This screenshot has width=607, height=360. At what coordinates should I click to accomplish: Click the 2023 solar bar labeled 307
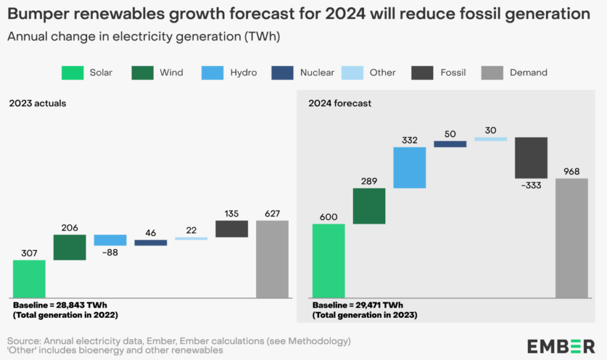point(29,279)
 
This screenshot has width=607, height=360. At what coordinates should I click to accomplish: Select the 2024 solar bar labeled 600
point(328,260)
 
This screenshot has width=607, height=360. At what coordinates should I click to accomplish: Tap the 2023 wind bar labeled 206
point(69,247)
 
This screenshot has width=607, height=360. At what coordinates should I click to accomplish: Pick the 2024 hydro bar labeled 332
point(410,167)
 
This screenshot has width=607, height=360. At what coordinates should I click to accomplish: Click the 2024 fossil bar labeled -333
point(531,158)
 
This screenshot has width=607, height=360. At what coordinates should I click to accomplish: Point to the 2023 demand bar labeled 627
point(272,259)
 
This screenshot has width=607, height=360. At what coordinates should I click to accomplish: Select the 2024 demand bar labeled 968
point(571,238)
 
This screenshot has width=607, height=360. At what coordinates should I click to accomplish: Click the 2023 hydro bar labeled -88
point(110,240)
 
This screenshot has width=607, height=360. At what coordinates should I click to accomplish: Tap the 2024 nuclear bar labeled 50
point(450,144)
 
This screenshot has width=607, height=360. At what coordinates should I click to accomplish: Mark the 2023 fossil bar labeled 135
point(231,229)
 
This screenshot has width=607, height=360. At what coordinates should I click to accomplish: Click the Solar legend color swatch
point(72,72)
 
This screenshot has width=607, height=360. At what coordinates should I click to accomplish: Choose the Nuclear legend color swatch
point(282,72)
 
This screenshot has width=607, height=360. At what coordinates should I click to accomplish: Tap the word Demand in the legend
point(528,72)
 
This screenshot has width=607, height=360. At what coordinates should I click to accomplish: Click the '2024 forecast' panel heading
point(340,103)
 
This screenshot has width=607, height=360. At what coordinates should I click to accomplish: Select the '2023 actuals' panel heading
point(37,103)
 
